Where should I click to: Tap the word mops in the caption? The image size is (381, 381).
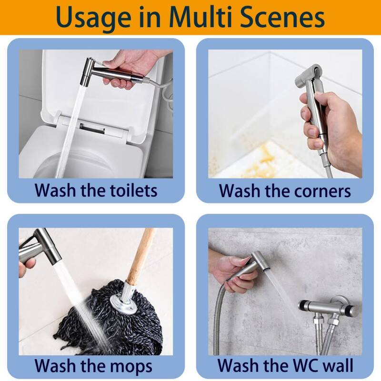click(x=129, y=366)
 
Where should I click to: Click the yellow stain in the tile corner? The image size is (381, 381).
click(x=264, y=158)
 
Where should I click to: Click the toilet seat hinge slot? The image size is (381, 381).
click(x=92, y=128)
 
